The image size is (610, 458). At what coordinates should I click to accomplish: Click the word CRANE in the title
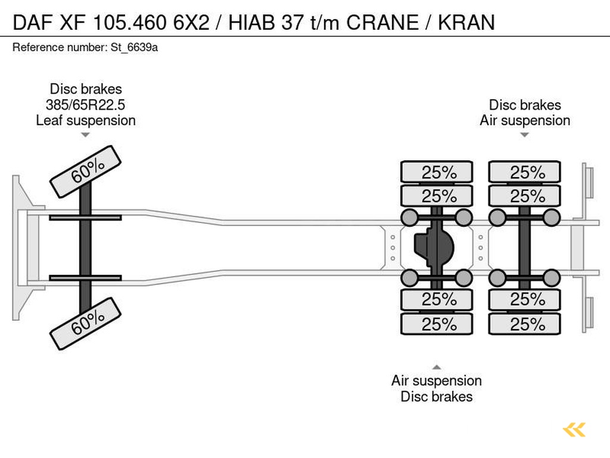pyautogui.click(x=382, y=22)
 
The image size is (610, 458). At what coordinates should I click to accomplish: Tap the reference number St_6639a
pyautogui.click(x=134, y=48)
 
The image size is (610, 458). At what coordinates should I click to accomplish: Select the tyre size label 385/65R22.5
pyautogui.click(x=86, y=105)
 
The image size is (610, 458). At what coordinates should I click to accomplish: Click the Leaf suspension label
pyautogui.click(x=86, y=120)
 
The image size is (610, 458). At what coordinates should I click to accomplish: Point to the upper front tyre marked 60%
pyautogui.click(x=86, y=171)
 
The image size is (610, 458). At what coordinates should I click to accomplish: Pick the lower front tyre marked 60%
pyautogui.click(x=86, y=323)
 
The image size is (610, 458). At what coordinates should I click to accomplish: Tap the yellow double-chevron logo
pyautogui.click(x=574, y=429)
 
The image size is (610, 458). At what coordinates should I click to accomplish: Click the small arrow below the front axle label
pyautogui.click(x=86, y=135)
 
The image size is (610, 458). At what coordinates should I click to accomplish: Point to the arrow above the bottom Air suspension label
pyautogui.click(x=437, y=367)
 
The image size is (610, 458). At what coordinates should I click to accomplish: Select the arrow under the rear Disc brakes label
pyautogui.click(x=524, y=135)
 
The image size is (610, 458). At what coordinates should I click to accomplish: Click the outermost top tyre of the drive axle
pyautogui.click(x=437, y=172)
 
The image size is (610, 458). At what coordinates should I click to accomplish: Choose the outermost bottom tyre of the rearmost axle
pyautogui.click(x=525, y=324)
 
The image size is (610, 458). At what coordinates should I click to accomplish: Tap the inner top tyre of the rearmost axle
pyautogui.click(x=525, y=196)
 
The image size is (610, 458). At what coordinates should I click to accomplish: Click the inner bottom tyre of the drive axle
pyautogui.click(x=437, y=299)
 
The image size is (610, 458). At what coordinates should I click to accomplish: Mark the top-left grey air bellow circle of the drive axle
pyautogui.click(x=409, y=217)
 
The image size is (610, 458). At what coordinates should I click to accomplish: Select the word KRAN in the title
pyautogui.click(x=466, y=22)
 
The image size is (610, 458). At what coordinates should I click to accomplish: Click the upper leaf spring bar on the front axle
pyautogui.click(x=85, y=217)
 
